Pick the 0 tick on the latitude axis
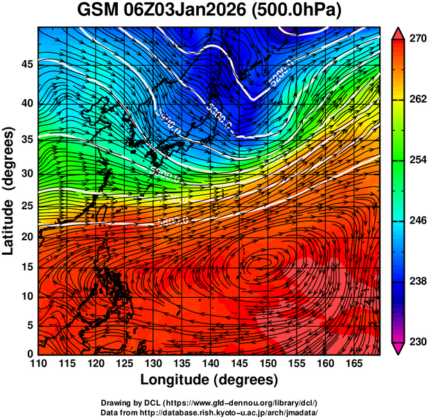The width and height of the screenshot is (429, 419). [x=29, y=354]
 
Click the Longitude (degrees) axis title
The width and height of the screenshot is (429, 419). [x=209, y=380]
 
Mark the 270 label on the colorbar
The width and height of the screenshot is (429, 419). [x=417, y=39]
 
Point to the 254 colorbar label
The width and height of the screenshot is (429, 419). [x=417, y=160]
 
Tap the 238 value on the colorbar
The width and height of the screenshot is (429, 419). [x=417, y=281]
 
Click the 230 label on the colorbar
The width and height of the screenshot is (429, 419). [x=417, y=341]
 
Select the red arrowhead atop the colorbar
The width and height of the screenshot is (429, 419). [x=399, y=33]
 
